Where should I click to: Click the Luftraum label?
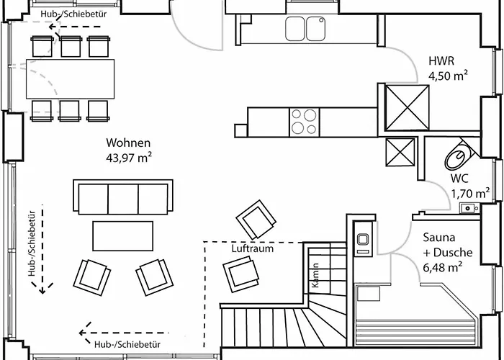pyautogui.click(x=253, y=248)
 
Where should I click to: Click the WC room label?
pyautogui.click(x=461, y=179)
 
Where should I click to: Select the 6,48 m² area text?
pyautogui.click(x=442, y=268)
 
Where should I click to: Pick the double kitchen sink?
pyautogui.click(x=306, y=29)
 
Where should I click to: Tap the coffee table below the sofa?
pyautogui.click(x=123, y=234)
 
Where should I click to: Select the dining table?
pyautogui.click(x=71, y=77)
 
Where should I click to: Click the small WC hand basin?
pyautogui.click(x=469, y=208)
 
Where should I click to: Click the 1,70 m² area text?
pyautogui.click(x=470, y=193)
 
